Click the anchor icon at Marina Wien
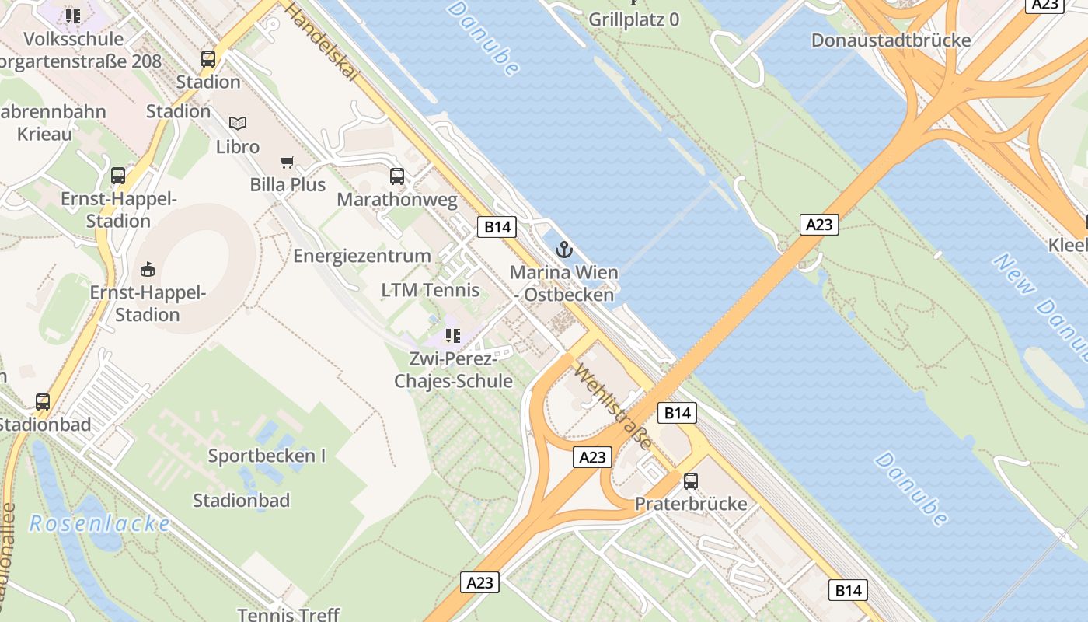(564, 250)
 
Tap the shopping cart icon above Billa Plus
(288, 162)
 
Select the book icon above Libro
(238, 123)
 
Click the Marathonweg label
(397, 200)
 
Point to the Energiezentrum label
(361, 256)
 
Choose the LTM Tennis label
(430, 290)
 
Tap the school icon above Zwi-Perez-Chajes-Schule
(453, 336)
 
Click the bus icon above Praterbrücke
(691, 480)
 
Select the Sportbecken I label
(267, 456)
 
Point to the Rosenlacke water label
(99, 523)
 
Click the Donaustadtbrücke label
(891, 40)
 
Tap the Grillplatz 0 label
(633, 19)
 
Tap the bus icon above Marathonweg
(397, 176)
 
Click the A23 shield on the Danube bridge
(819, 225)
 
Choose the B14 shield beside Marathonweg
(497, 227)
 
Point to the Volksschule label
(73, 39)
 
